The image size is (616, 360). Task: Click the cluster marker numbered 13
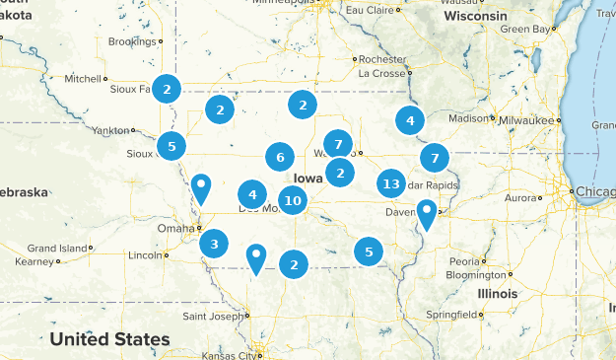click(x=391, y=183)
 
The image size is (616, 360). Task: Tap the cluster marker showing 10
click(x=293, y=201)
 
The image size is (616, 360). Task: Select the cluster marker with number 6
click(x=280, y=157)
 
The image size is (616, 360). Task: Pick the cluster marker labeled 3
click(x=214, y=242)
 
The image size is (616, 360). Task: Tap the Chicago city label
click(x=591, y=189)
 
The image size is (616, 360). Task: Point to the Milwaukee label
click(x=527, y=119)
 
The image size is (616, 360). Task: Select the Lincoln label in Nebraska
click(x=144, y=255)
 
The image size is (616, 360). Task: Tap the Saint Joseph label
click(x=212, y=317)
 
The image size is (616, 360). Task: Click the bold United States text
click(x=109, y=339)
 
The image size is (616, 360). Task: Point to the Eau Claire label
click(x=367, y=9)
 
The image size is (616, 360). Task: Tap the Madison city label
click(x=468, y=118)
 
